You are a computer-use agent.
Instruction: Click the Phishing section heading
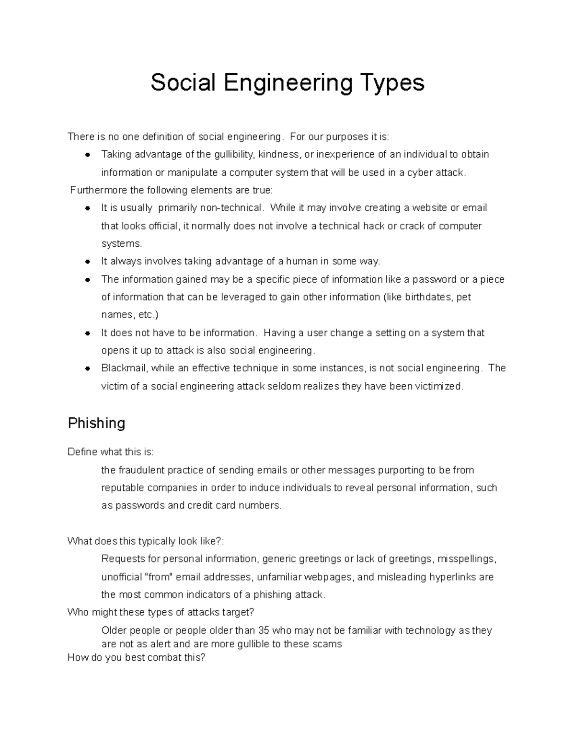96,423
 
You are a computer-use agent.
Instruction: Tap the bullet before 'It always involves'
88,262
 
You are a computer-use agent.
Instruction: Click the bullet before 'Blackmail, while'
88,368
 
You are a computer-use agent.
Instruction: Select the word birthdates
427,297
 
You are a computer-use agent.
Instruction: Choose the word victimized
439,386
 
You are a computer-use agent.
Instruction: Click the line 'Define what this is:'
111,452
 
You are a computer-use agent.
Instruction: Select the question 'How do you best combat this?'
136,657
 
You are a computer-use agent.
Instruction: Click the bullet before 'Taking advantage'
88,155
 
